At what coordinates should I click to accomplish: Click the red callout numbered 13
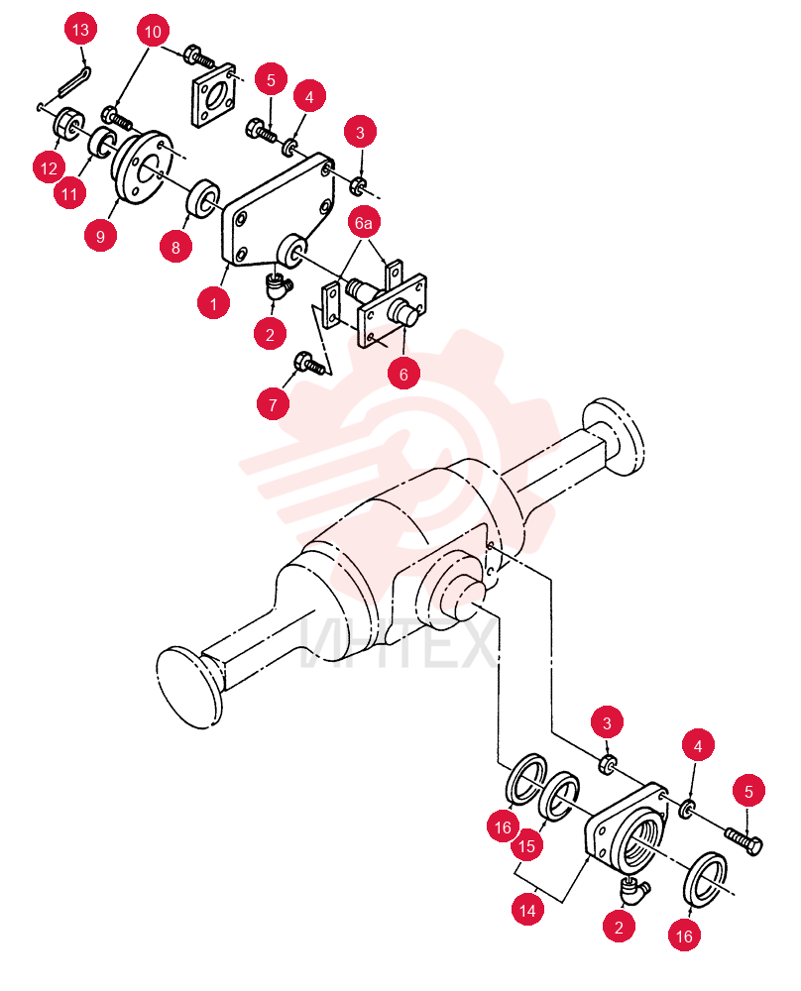coord(80,30)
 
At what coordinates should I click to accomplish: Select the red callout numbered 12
coord(49,168)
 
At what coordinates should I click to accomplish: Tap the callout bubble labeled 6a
coord(363,222)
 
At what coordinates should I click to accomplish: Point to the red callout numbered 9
coord(100,237)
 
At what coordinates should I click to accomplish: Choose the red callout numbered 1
coord(213,303)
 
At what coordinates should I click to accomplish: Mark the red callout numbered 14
coord(527,910)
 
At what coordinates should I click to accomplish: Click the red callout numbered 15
coord(526,845)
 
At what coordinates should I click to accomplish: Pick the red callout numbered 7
coord(273,404)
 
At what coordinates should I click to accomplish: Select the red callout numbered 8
coord(175,247)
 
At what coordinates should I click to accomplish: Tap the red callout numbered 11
coord(69,193)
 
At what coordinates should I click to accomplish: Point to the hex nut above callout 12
coord(65,122)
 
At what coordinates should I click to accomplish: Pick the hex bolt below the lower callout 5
coord(744,840)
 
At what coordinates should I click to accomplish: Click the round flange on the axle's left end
coord(188,688)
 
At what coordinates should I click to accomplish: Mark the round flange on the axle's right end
coord(614,435)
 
